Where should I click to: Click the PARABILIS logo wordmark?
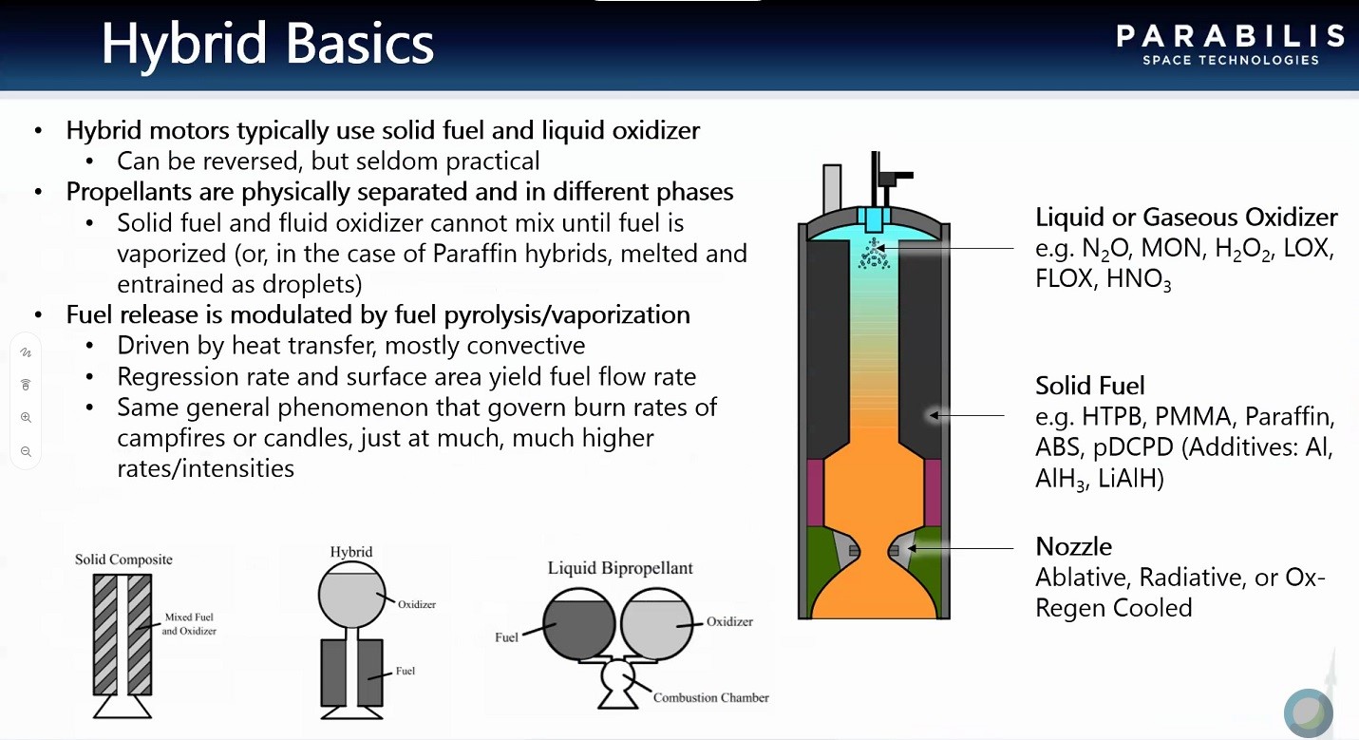point(1230,36)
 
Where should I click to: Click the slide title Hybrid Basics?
point(268,44)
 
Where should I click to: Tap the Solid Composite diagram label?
point(123,560)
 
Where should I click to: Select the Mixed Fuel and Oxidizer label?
point(189,624)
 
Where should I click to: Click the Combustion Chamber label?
point(711,697)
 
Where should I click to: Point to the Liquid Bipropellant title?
point(620,568)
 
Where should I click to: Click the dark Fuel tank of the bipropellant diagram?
point(578,624)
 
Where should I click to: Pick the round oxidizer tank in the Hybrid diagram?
point(352,595)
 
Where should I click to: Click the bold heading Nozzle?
point(1073,546)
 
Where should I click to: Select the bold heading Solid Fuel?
point(1089,386)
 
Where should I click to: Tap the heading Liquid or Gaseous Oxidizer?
point(1186,218)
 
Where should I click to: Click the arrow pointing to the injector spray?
point(945,248)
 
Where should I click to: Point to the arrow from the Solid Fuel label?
point(967,415)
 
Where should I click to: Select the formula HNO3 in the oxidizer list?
point(1139,279)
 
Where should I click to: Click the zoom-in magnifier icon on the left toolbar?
point(26,417)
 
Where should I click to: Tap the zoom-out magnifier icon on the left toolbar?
point(26,451)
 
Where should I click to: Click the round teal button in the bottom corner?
point(1309,712)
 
